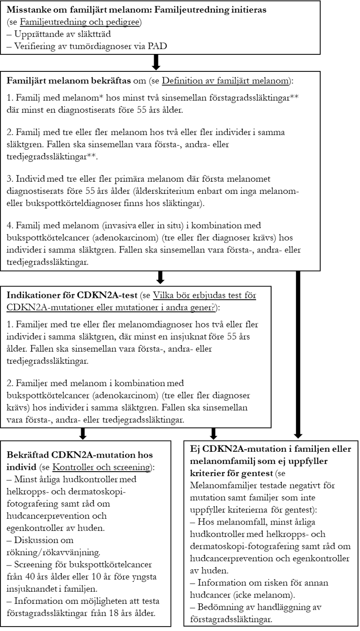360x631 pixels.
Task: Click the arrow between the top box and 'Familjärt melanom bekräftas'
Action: (156, 63)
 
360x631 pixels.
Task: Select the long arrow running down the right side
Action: (298, 355)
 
